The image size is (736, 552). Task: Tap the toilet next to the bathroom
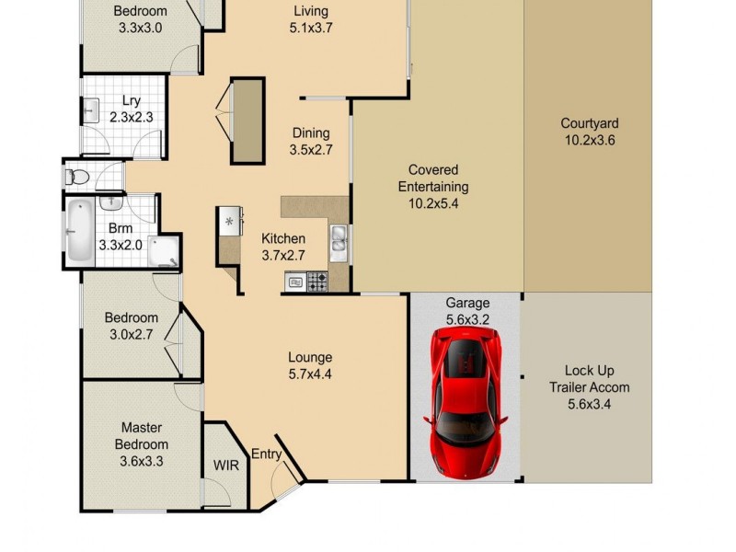76,176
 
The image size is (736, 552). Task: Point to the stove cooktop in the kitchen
316,282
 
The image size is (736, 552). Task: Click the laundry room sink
93,112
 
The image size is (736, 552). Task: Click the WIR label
226,465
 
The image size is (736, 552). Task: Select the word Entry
266,453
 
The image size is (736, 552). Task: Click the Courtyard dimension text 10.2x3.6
590,141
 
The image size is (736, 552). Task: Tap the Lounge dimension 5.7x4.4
309,374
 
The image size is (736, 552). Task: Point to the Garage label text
467,303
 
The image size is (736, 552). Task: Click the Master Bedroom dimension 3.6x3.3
141,462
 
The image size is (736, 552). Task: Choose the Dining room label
311,132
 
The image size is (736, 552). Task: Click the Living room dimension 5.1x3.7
309,28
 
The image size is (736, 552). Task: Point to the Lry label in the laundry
131,101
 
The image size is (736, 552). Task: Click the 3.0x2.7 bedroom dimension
131,335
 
